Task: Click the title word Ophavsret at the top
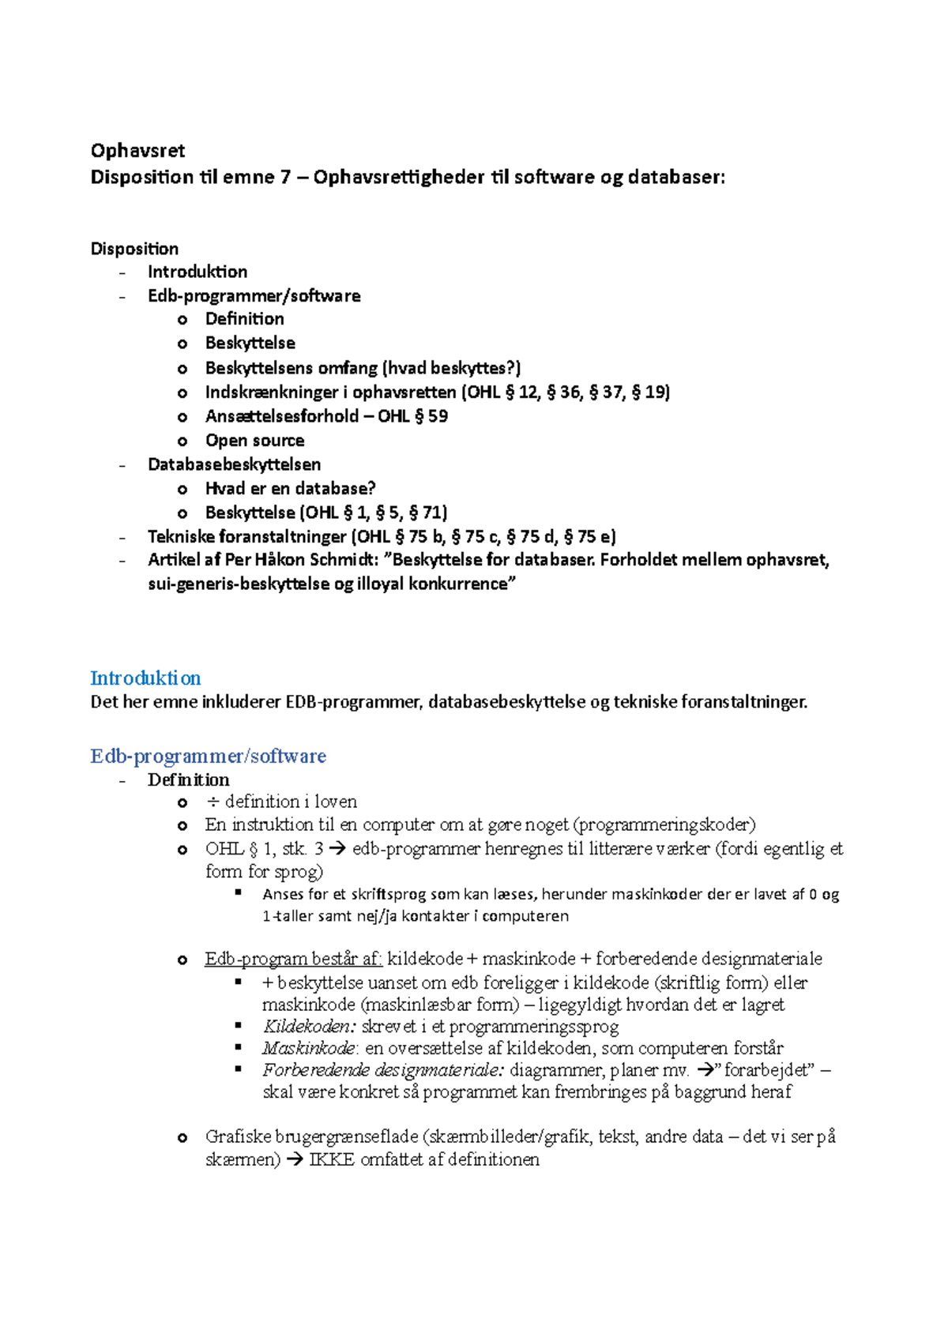(x=137, y=151)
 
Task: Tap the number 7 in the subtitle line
(x=285, y=177)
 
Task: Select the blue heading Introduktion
(x=145, y=678)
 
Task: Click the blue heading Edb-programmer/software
(x=208, y=757)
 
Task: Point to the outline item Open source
(x=254, y=441)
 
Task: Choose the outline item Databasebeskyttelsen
(x=234, y=464)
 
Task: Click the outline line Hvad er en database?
(x=290, y=489)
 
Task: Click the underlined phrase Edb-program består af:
(x=293, y=959)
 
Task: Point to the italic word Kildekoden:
(x=309, y=1027)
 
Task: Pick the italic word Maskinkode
(x=309, y=1049)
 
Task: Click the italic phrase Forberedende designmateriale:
(x=383, y=1071)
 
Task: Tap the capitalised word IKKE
(x=332, y=1160)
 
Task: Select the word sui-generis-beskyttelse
(x=239, y=584)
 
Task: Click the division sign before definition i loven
(x=212, y=802)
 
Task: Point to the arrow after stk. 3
(x=337, y=850)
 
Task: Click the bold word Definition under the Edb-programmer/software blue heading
(x=188, y=780)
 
